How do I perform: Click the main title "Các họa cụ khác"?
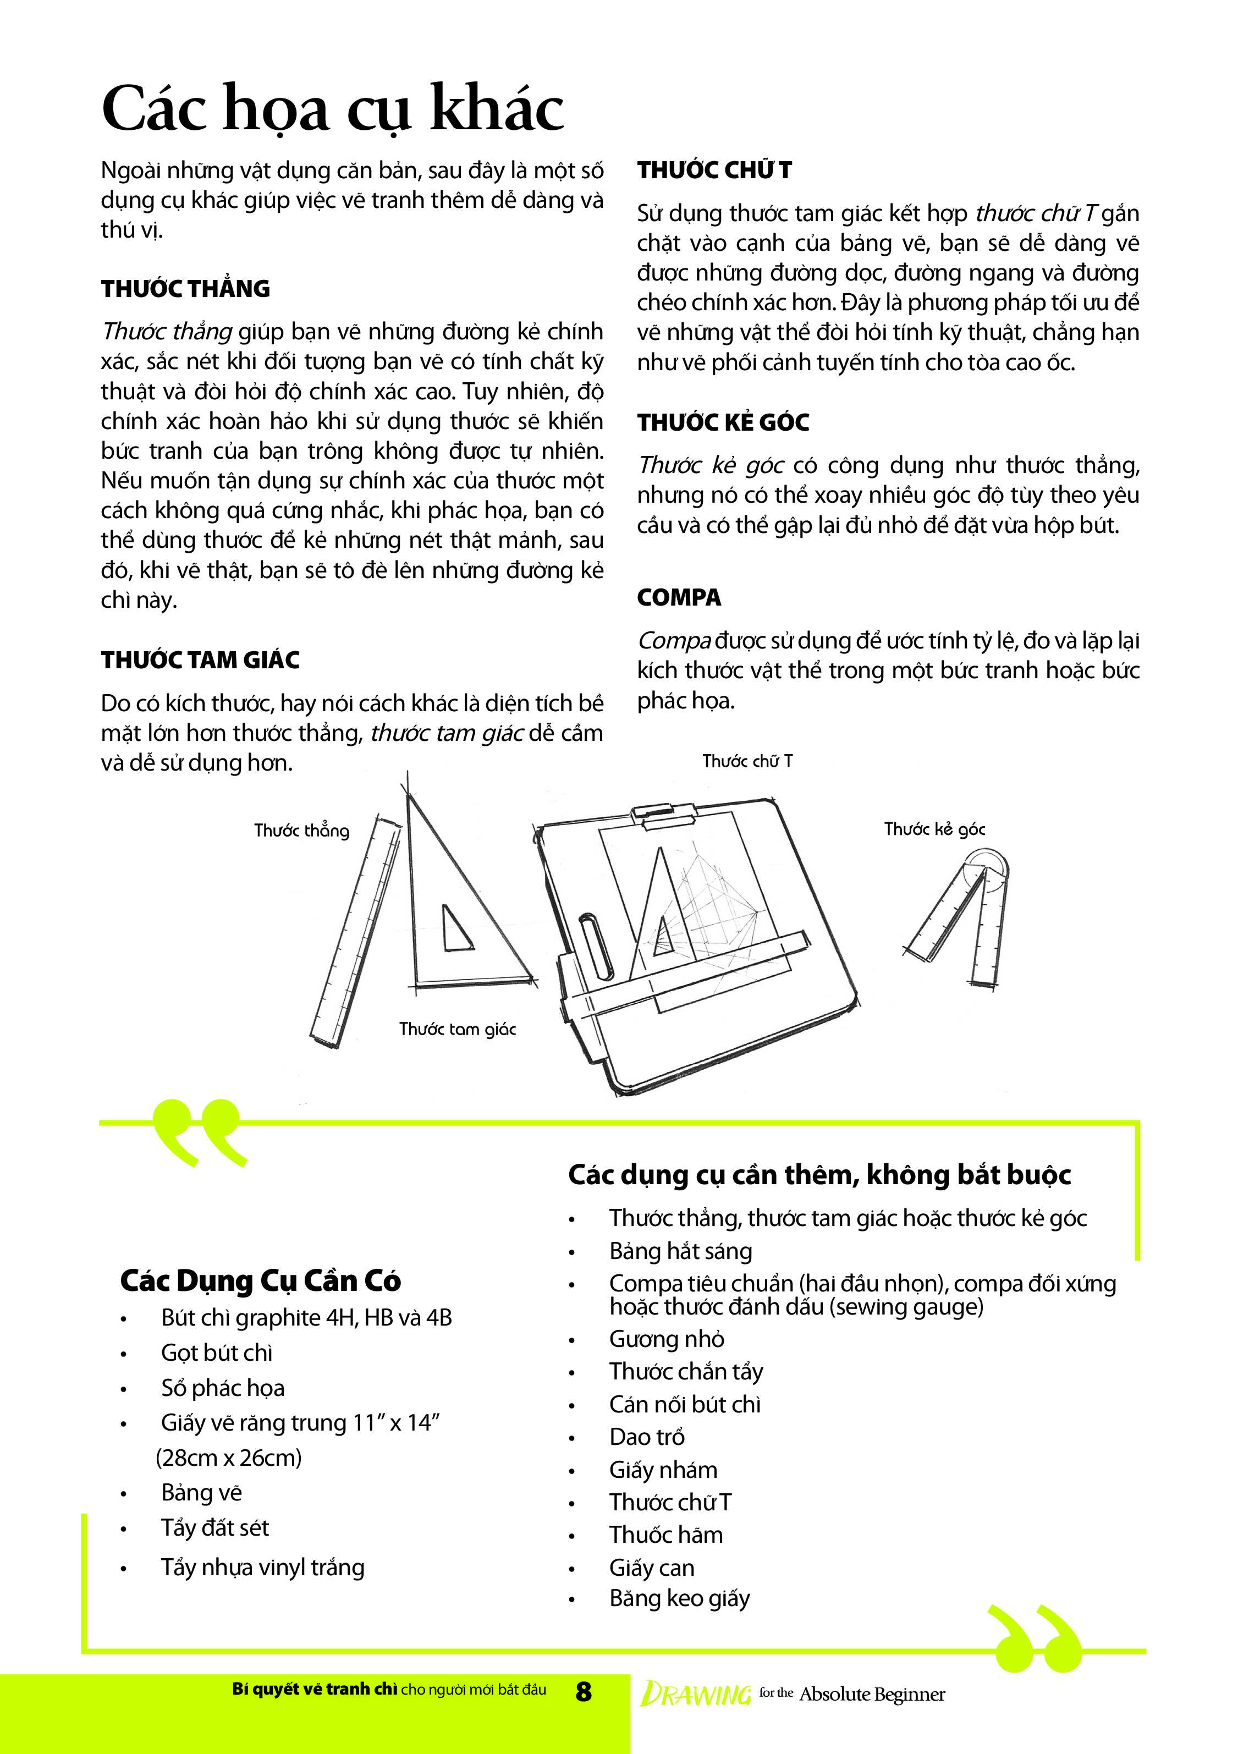pos(333,109)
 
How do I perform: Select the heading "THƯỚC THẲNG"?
pos(186,288)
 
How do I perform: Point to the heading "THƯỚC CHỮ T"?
pos(714,170)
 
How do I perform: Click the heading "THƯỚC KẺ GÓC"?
pos(723,422)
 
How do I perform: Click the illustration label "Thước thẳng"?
pos(301,831)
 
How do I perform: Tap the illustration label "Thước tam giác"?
pos(457,1029)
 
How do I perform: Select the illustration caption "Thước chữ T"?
pos(747,761)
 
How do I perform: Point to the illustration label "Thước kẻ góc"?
pos(934,829)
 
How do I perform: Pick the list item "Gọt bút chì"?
pos(217,1352)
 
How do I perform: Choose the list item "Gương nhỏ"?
pos(667,1339)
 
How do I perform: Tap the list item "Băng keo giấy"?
pos(679,1598)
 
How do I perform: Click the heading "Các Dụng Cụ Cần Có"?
pos(260,1280)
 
